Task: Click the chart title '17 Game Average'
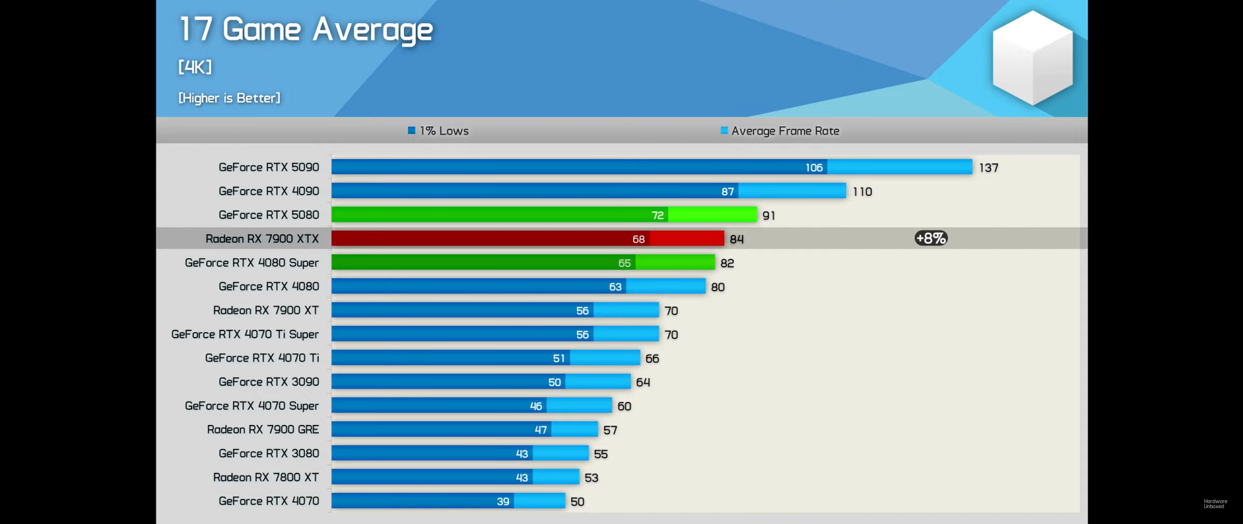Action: tap(306, 30)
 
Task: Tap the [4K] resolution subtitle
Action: tap(195, 67)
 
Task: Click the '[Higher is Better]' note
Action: tap(229, 98)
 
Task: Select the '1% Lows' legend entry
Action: tap(438, 131)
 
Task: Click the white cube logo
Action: tap(1032, 58)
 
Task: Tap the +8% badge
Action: tap(931, 238)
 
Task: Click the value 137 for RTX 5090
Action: tap(989, 168)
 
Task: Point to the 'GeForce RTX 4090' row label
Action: tap(269, 191)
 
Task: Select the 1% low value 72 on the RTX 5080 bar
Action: tap(657, 215)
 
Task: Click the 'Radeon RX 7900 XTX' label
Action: tap(262, 239)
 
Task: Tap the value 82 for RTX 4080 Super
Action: tap(727, 263)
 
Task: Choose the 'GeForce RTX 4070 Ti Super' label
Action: tap(245, 334)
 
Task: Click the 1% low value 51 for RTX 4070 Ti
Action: tap(559, 358)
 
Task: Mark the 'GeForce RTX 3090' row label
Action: tap(269, 382)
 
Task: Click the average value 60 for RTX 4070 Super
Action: tap(624, 406)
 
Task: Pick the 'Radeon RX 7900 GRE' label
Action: tap(263, 430)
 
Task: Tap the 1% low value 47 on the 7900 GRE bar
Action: tap(541, 430)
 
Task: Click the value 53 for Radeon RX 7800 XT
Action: tap(591, 478)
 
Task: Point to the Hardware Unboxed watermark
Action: tap(1215, 503)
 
